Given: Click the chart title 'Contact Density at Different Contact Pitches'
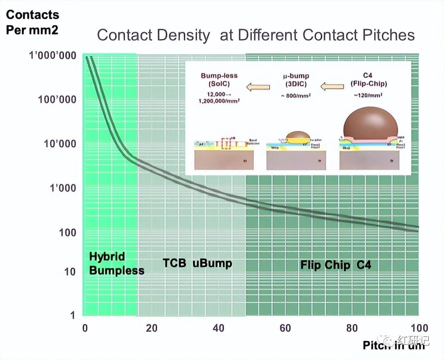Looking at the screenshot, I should (x=256, y=35).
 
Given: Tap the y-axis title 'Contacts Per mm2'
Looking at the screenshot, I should (x=32, y=22).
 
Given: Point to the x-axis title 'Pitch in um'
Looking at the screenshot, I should (x=393, y=345).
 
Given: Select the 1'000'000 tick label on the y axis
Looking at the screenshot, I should (x=52, y=56).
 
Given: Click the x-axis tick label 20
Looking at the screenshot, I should (x=151, y=328).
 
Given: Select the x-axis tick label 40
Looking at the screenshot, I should (x=218, y=328).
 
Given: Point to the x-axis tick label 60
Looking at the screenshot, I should (x=285, y=328).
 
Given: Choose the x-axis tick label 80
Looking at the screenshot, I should (x=352, y=328).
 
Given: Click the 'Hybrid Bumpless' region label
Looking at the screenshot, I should (x=116, y=263).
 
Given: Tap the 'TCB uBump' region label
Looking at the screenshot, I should (x=197, y=263).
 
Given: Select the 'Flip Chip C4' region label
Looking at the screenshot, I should (x=336, y=265).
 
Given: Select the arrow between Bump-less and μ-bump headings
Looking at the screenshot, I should (x=258, y=86).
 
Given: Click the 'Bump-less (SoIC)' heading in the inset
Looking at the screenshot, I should (x=219, y=79).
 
